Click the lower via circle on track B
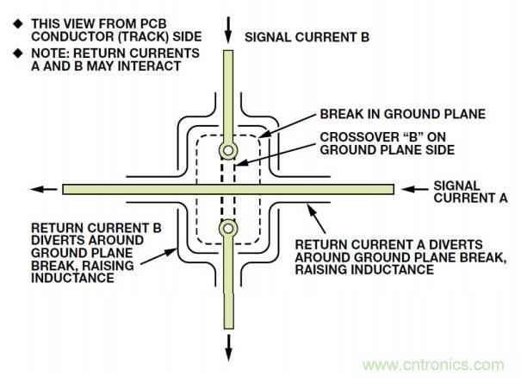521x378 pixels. click(x=228, y=229)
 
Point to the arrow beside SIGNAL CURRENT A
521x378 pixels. click(x=412, y=188)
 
